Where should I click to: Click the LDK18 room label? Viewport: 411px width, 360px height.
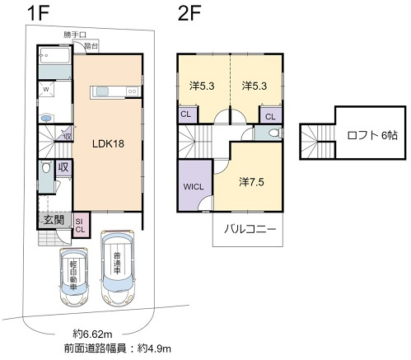[x=108, y=143]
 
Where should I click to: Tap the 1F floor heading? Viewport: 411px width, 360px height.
[x=38, y=13]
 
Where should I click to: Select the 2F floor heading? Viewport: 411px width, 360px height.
[x=189, y=13]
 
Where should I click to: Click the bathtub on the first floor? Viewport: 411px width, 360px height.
[x=54, y=55]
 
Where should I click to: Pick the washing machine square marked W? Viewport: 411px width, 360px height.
[x=46, y=90]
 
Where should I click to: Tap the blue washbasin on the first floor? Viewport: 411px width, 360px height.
[x=46, y=119]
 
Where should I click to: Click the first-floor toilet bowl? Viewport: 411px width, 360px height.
[x=46, y=167]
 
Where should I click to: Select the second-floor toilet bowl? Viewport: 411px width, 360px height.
[x=274, y=133]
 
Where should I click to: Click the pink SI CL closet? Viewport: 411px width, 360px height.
[x=80, y=225]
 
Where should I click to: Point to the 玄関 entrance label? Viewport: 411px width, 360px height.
[x=54, y=220]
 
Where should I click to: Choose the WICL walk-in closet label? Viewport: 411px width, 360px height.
[x=194, y=187]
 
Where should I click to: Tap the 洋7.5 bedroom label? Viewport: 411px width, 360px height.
[x=251, y=182]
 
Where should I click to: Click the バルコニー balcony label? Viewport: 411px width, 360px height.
[x=250, y=229]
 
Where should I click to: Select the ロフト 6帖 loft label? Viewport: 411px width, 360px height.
[x=372, y=135]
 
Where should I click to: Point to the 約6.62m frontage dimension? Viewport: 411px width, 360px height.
[x=92, y=334]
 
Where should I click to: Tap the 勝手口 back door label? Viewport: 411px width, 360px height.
[x=75, y=35]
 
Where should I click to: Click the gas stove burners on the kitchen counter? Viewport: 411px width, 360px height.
[x=133, y=91]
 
